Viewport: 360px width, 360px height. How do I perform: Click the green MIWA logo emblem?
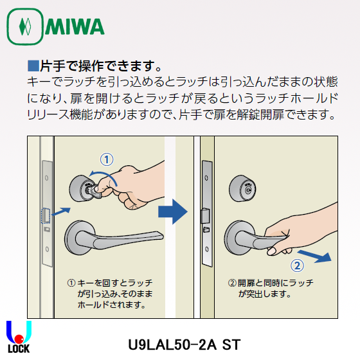24,26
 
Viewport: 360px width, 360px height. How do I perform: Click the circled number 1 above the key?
107,158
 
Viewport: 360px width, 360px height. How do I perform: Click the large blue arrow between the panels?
172,212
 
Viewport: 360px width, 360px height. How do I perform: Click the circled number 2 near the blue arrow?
297,265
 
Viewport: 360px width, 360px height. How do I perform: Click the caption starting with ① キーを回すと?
109,293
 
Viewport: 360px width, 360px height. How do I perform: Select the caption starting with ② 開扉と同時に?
270,288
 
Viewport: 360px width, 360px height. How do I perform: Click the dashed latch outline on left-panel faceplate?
46,213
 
